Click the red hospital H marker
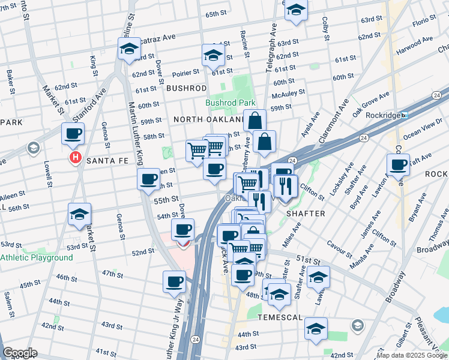click(76, 158)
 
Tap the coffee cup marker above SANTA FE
click(73, 134)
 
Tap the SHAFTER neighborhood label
click(306, 214)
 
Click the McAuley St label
click(288, 93)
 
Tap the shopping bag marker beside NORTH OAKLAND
click(255, 121)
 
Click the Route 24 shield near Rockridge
click(436, 95)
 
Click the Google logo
click(20, 353)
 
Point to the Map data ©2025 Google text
click(411, 355)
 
